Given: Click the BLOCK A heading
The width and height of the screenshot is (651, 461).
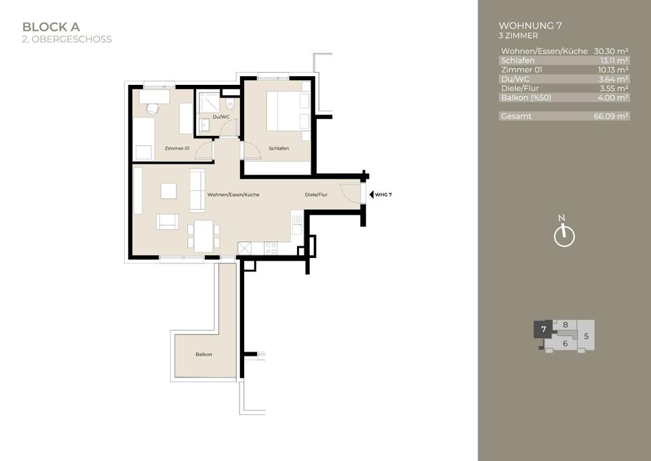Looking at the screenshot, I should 51,26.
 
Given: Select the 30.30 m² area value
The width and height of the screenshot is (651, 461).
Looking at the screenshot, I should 611,51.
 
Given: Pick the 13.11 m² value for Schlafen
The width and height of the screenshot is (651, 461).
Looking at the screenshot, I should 613,60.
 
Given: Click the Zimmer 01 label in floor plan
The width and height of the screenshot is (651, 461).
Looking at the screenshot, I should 177,148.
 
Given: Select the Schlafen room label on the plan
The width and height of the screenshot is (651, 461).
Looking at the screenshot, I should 279,148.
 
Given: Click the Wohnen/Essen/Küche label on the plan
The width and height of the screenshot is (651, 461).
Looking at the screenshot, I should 233,195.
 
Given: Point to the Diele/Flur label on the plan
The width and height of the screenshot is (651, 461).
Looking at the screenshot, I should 316,195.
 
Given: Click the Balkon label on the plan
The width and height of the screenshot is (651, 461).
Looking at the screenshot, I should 203,354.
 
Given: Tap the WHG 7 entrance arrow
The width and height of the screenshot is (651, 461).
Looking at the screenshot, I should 371,195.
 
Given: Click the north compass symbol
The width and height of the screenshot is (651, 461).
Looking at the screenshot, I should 564,235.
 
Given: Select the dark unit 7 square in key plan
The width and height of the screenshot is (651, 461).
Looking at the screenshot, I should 542,331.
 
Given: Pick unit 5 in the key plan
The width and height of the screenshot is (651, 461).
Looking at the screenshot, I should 586,335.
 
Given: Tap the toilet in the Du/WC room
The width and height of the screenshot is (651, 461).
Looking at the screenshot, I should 231,105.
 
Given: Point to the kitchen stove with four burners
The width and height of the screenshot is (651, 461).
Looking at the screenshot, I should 271,248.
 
